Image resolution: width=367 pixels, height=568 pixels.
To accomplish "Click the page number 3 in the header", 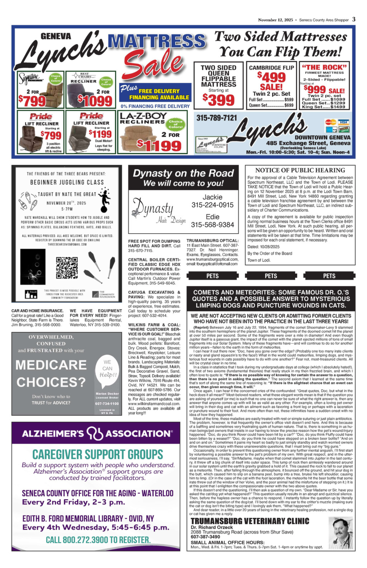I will [x=353, y=19].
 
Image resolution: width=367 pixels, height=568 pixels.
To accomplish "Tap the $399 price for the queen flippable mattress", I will [x=219, y=100].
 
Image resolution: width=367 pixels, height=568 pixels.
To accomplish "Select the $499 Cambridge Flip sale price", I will [x=271, y=77].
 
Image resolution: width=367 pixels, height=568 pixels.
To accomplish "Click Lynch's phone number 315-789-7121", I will [x=216, y=118].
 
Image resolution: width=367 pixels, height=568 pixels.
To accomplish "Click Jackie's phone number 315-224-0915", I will [x=212, y=205].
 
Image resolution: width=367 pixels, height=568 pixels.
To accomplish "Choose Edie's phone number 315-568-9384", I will [x=212, y=225].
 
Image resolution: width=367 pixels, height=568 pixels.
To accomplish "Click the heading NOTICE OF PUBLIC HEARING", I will [x=300, y=170].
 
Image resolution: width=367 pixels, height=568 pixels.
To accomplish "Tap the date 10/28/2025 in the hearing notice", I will [x=269, y=247].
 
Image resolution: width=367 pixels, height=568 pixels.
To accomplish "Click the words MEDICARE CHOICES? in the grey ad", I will [x=51, y=374].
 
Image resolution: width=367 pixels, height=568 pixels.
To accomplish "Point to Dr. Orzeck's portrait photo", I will [x=340, y=532].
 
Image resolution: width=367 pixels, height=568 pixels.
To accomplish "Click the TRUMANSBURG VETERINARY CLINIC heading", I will [x=250, y=521].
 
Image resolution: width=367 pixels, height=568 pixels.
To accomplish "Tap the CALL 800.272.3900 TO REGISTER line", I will [x=98, y=540].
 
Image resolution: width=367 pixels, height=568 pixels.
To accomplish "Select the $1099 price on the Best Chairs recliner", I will [x=95, y=101].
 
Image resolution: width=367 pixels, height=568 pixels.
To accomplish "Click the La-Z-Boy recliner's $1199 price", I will [x=159, y=145].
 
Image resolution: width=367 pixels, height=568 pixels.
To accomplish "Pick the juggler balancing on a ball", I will [x=104, y=199].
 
